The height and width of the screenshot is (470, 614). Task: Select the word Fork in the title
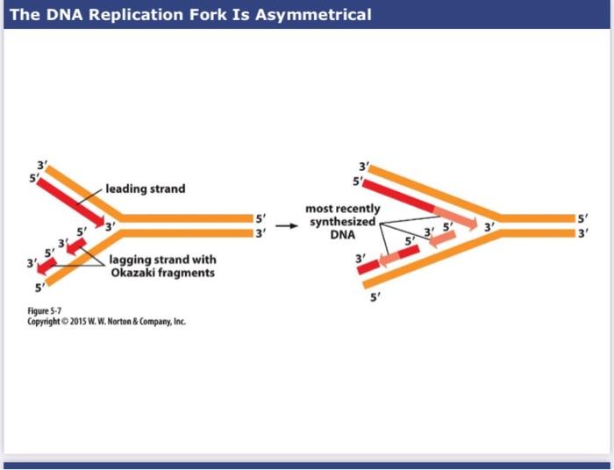pos(218,15)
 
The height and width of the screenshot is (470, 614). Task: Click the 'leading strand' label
pos(146,189)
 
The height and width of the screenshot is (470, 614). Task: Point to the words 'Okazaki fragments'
pos(162,274)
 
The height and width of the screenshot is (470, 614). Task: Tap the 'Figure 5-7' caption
pos(61,310)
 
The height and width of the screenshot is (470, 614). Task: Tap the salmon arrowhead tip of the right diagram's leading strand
pos(472,225)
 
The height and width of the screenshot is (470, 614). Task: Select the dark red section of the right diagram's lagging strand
pos(375,264)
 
